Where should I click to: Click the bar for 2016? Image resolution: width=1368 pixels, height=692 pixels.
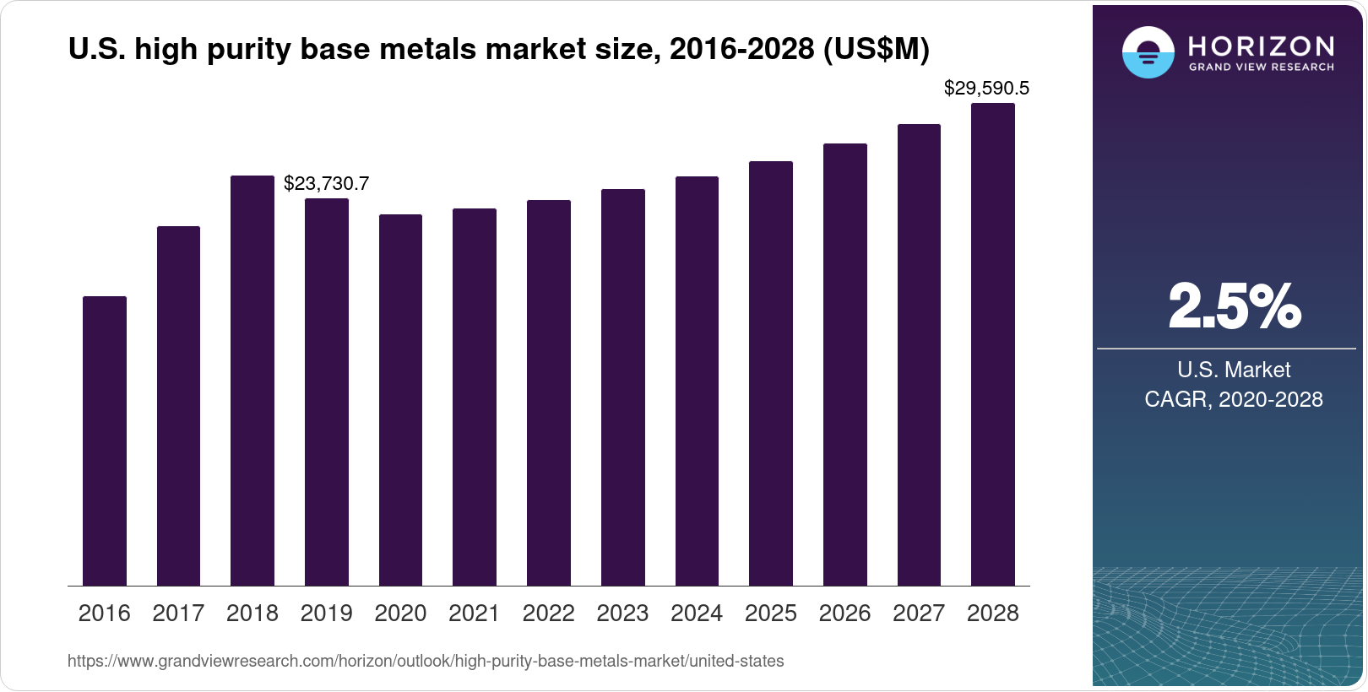click(x=105, y=441)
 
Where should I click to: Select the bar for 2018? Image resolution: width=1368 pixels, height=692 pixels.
click(x=252, y=380)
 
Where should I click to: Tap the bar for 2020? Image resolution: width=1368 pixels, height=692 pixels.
click(x=400, y=400)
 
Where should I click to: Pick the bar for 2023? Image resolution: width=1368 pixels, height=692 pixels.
click(x=622, y=387)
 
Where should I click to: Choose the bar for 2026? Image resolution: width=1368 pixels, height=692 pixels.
click(x=844, y=365)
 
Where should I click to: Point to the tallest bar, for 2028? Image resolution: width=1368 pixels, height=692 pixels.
click(x=993, y=344)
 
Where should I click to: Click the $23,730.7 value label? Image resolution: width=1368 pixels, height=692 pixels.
click(x=326, y=183)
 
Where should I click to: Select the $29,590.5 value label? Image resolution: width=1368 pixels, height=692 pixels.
click(x=986, y=88)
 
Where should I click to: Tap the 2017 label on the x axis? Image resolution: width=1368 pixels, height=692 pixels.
click(x=178, y=614)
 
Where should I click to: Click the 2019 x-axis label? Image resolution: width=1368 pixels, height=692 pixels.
click(x=326, y=614)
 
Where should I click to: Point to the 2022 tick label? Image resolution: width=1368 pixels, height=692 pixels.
click(x=548, y=614)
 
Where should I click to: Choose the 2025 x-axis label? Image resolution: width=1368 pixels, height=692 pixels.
click(x=770, y=614)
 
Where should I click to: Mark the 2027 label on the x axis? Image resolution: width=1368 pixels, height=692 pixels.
click(x=919, y=614)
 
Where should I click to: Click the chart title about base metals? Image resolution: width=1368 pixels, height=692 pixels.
click(x=498, y=50)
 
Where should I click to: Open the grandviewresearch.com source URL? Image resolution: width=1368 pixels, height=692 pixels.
click(x=426, y=662)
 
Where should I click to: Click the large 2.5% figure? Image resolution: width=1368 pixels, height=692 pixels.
click(x=1235, y=306)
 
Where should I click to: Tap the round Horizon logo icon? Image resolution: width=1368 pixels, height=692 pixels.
click(x=1148, y=52)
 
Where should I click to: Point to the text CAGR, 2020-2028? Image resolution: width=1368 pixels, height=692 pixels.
click(x=1233, y=399)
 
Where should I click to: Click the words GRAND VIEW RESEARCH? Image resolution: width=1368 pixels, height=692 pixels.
click(x=1261, y=68)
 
